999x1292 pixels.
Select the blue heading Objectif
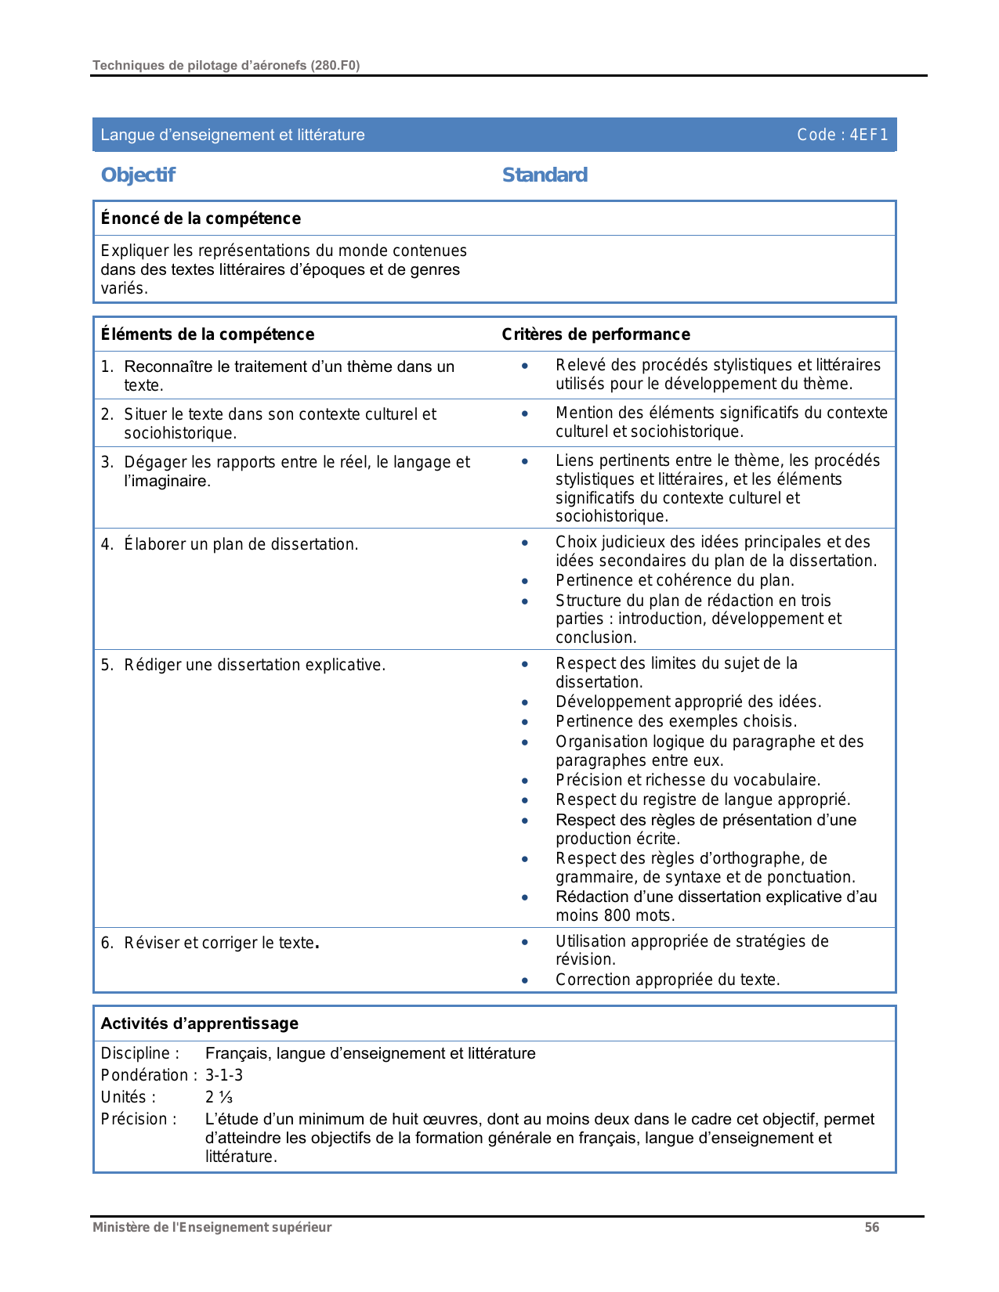point(138,175)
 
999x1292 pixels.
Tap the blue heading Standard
point(545,175)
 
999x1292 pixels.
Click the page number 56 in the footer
point(872,1227)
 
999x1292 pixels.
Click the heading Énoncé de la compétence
point(201,218)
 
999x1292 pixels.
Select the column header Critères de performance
point(595,334)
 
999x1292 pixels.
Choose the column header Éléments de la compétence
point(208,334)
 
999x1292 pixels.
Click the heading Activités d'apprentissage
point(200,1023)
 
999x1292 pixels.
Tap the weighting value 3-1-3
point(224,1075)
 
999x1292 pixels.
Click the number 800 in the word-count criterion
point(617,915)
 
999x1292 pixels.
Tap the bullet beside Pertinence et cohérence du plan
point(525,581)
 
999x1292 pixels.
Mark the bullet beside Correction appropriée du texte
point(525,980)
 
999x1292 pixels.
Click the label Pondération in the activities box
point(145,1075)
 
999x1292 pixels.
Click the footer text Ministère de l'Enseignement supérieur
point(212,1227)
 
